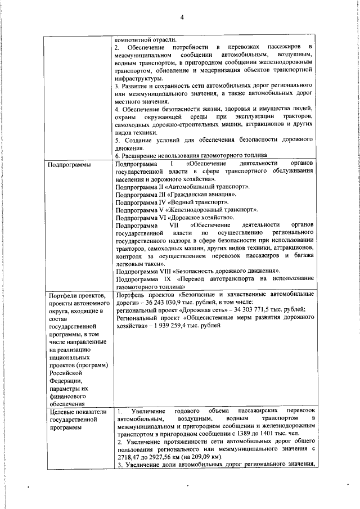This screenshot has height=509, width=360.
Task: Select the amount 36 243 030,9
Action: [x=166, y=302]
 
